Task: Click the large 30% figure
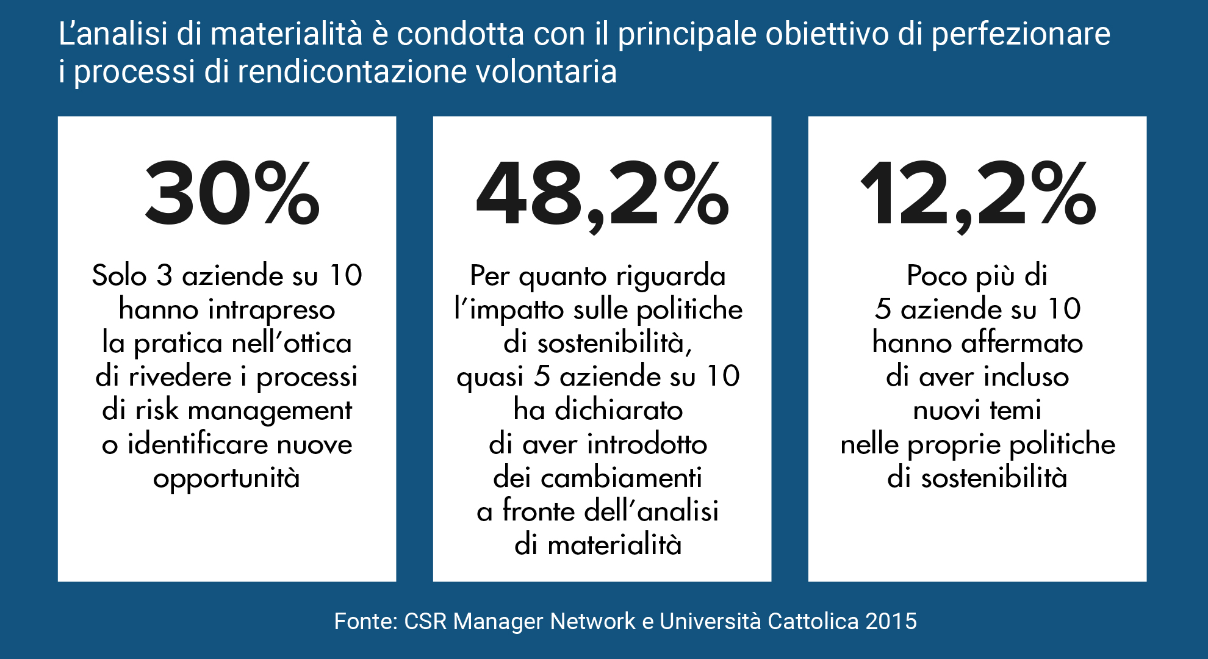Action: click(x=232, y=193)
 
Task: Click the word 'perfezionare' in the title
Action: click(x=1020, y=34)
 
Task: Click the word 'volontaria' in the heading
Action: click(x=546, y=72)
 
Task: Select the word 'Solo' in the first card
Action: click(x=120, y=276)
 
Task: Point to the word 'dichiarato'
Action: click(x=619, y=410)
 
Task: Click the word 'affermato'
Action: click(x=1022, y=343)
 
